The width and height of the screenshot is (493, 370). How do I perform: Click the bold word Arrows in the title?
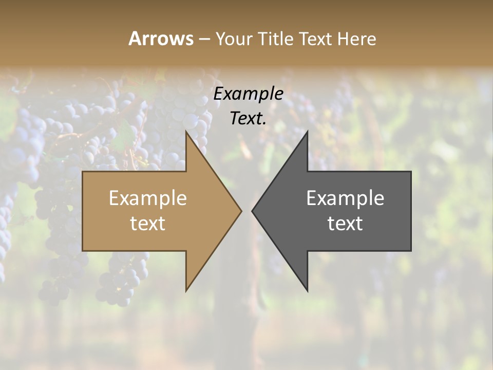[x=161, y=39]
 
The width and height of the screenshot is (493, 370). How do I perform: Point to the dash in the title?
[x=204, y=40]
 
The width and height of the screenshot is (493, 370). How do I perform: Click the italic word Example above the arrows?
[x=249, y=94]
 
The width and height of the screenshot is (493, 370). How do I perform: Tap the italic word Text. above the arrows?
[x=249, y=119]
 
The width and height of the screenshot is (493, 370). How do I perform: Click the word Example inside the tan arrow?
[x=148, y=198]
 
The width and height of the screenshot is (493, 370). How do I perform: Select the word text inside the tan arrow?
[x=148, y=224]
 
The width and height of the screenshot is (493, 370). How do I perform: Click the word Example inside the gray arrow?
[x=345, y=198]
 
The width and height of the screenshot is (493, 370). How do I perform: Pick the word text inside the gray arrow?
[x=345, y=224]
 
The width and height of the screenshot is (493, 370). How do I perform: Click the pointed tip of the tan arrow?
[x=241, y=211]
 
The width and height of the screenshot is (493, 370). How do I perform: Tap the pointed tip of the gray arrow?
[x=253, y=211]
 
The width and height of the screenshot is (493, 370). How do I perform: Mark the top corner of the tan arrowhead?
[x=186, y=132]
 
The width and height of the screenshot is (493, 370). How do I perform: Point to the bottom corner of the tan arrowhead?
[x=186, y=290]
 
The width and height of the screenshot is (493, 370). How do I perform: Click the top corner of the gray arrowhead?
[x=307, y=132]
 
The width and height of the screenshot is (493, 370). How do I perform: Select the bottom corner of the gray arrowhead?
[x=307, y=290]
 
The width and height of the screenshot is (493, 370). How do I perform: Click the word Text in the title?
[x=314, y=39]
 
